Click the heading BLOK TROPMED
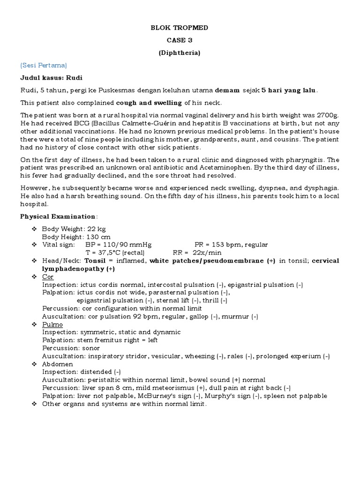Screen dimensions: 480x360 click(x=180, y=28)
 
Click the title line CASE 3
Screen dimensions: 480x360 click(x=180, y=40)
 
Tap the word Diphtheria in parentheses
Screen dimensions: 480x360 click(x=180, y=53)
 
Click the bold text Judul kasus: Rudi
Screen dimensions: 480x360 click(x=47, y=77)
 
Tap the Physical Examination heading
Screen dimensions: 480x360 click(x=58, y=217)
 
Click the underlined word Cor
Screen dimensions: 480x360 click(x=48, y=277)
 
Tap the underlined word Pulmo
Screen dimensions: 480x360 click(x=52, y=324)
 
